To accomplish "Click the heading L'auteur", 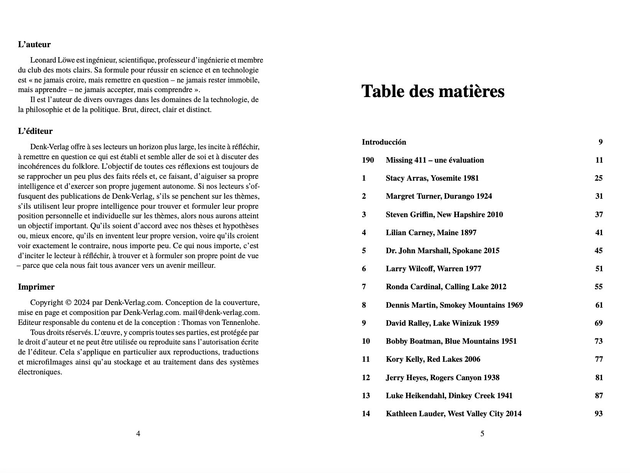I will click(34, 44).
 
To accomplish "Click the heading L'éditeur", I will click(35, 131).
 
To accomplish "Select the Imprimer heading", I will click(36, 287).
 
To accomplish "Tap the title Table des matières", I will click(433, 91).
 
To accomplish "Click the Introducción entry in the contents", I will click(384, 142).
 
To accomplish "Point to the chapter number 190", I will click(368, 160).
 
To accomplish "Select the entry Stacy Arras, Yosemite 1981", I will click(432, 178).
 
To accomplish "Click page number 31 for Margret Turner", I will click(599, 196).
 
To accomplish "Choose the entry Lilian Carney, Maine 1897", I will click(431, 232).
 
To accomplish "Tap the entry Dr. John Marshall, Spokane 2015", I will click(442, 251).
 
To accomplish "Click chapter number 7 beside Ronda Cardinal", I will click(364, 287).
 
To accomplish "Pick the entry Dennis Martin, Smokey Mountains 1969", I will click(454, 305).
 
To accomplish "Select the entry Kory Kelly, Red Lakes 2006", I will click(433, 359).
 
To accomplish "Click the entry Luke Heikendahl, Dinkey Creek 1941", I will click(449, 396).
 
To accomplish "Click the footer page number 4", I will click(138, 434).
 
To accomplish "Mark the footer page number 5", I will click(482, 434).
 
